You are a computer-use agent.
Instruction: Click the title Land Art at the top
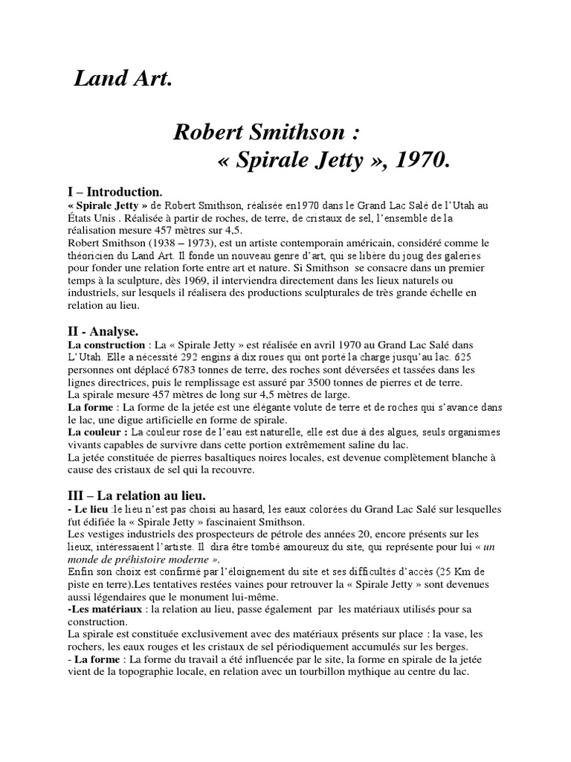pos(123,79)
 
